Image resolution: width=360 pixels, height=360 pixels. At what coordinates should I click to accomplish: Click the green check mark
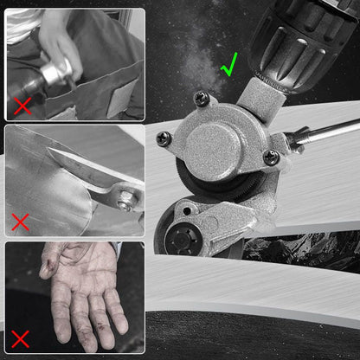pos(229,65)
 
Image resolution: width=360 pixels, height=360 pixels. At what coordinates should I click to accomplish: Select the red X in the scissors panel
pos(19,222)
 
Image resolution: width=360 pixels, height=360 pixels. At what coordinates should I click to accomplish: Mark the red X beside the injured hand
pos(19,338)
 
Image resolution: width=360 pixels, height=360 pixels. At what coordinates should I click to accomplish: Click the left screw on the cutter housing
pos(164,138)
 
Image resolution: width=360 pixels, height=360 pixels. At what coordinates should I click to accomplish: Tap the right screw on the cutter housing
pos(271,157)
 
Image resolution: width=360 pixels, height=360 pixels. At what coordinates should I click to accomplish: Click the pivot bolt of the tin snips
pos(126,204)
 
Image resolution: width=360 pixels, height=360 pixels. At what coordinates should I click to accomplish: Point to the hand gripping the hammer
pos(61,39)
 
